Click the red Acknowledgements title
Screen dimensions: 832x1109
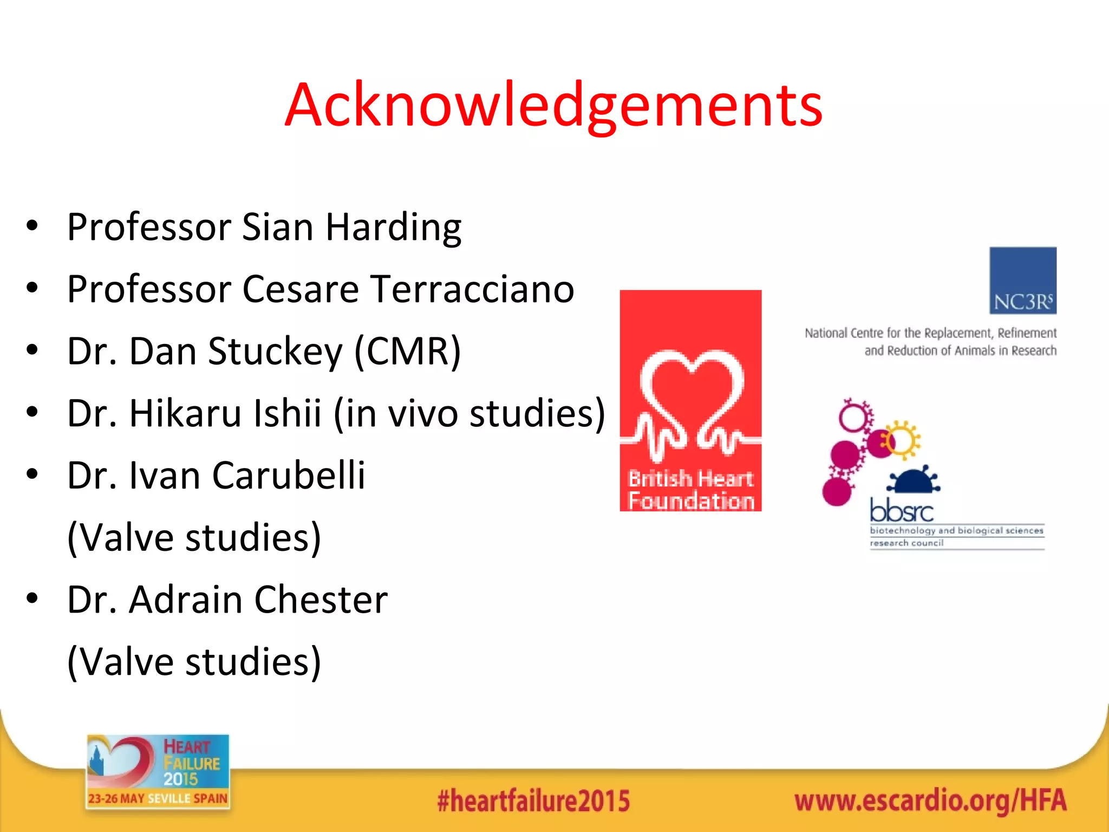pos(553,106)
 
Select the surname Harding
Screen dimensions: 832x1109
pos(394,227)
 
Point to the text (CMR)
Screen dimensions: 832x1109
pos(407,352)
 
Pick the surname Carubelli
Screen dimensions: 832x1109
pos(289,476)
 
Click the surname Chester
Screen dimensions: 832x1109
pos(321,600)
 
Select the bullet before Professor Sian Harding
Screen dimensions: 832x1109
pos(32,226)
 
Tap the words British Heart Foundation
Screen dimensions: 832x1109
pos(691,490)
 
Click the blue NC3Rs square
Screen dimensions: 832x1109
pos(1022,280)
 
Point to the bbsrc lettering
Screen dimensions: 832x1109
pos(901,510)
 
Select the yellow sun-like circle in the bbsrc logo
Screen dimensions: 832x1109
pos(901,440)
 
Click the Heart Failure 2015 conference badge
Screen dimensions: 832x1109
pos(158,771)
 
